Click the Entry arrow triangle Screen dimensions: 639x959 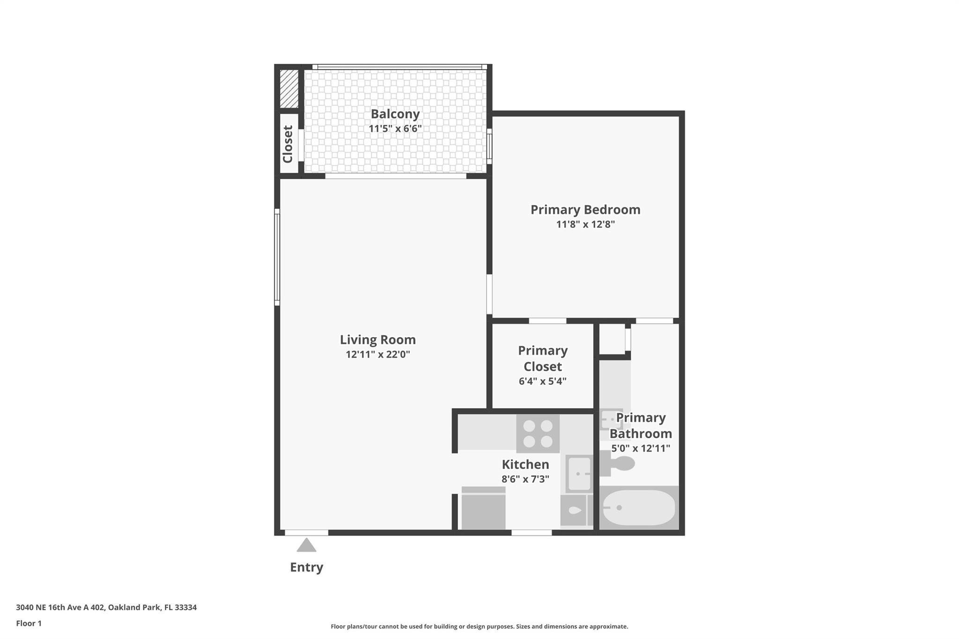point(306,545)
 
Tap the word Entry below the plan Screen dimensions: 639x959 point(306,567)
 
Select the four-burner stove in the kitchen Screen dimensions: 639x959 point(538,433)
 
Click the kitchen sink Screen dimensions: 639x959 point(579,474)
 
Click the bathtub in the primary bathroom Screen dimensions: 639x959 point(639,508)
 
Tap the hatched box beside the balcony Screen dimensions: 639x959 point(289,89)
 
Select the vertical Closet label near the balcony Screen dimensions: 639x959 point(288,144)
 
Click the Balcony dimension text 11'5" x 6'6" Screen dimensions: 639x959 point(395,129)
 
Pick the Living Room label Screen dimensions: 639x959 point(377,339)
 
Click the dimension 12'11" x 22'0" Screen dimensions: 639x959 point(377,354)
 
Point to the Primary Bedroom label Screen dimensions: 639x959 point(585,209)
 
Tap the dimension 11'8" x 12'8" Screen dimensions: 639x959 point(585,224)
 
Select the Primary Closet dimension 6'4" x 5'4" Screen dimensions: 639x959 point(542,381)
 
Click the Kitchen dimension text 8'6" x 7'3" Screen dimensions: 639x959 point(525,479)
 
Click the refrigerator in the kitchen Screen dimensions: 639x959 point(483,508)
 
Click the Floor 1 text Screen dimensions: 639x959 point(29,623)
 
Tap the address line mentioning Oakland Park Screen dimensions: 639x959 point(106,607)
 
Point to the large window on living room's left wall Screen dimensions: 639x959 point(277,257)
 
